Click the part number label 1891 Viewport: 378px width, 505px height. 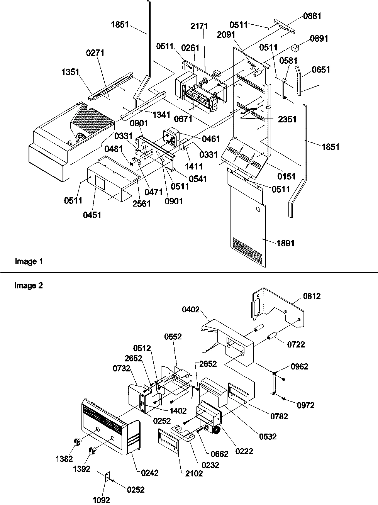pos(285,243)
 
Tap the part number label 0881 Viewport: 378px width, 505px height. pos(312,16)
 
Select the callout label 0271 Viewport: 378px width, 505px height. pos(95,53)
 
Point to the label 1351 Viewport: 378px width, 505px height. pos(70,71)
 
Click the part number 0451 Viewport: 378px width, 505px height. pos(92,215)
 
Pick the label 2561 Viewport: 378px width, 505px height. pos(141,203)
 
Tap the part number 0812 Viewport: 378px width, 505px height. pos(312,297)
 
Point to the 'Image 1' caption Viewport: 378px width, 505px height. pos(29,262)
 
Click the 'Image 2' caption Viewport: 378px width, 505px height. pos(29,286)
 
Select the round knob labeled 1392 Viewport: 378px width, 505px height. pos(92,451)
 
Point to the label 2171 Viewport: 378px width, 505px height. pos(199,26)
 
